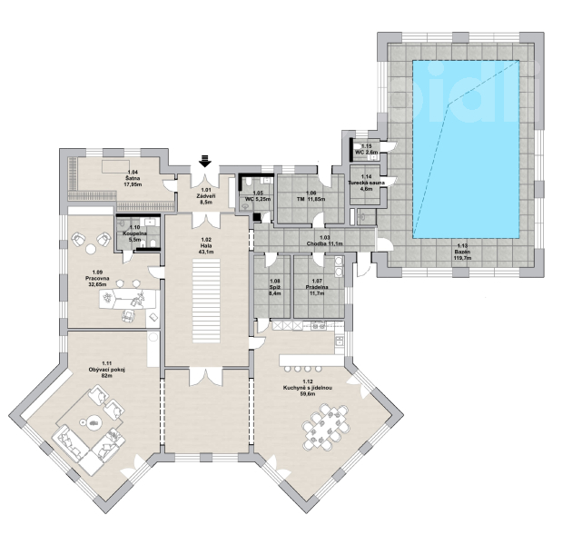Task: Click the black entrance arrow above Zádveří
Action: [x=204, y=161]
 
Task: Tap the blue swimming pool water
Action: [x=466, y=149]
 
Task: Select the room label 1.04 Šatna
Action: [x=133, y=178]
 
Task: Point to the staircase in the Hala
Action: [x=206, y=302]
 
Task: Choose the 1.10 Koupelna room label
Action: [x=134, y=233]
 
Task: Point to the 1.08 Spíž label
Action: [x=275, y=287]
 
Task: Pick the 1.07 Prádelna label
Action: [x=317, y=287]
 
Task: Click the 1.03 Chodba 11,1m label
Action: [x=324, y=241]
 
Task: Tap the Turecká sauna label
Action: [x=366, y=183]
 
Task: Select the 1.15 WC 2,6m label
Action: [x=366, y=149]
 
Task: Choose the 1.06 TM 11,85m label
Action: [x=311, y=196]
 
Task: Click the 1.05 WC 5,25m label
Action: [x=258, y=196]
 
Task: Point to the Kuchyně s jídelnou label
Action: [x=307, y=388]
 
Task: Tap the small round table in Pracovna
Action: [x=90, y=249]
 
